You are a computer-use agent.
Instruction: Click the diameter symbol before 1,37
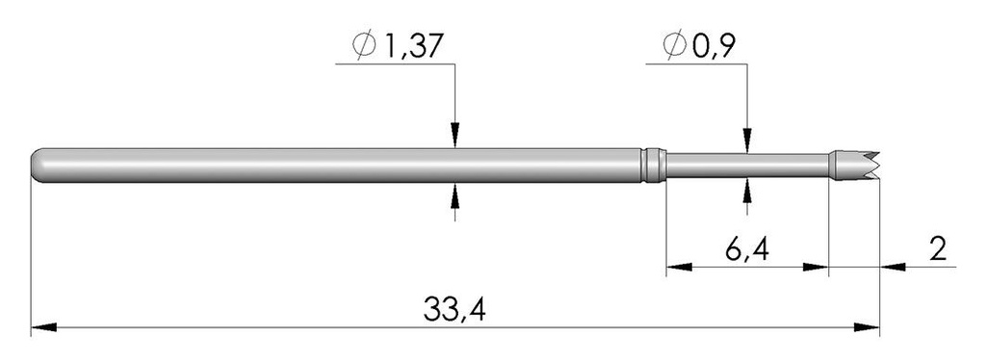coord(365,47)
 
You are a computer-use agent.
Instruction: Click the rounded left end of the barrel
coord(39,165)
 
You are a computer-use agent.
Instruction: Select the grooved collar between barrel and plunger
coord(654,165)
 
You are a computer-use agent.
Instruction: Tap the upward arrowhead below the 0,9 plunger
coord(747,189)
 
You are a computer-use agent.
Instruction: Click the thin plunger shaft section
coord(746,165)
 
